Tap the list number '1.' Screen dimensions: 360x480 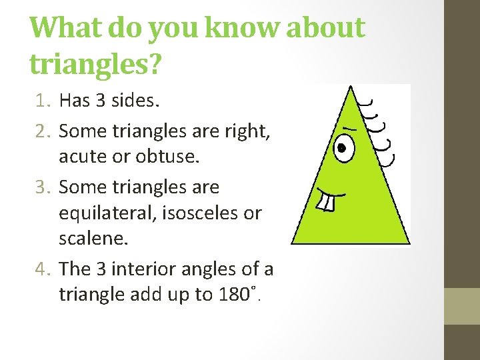43,101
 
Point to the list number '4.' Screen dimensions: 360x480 43,269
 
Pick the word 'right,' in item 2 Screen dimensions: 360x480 247,131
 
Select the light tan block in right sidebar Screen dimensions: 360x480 461,306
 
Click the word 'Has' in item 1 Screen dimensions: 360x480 73,101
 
